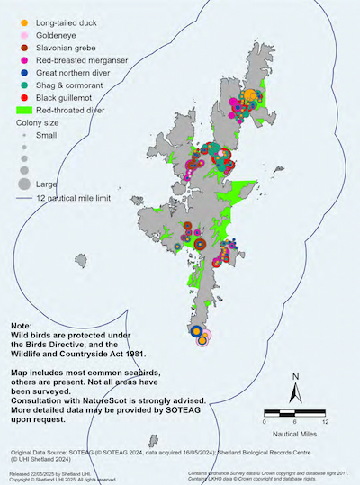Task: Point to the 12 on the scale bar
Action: (x=325, y=420)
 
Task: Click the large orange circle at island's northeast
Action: (x=251, y=95)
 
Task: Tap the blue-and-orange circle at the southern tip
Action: (x=196, y=332)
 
